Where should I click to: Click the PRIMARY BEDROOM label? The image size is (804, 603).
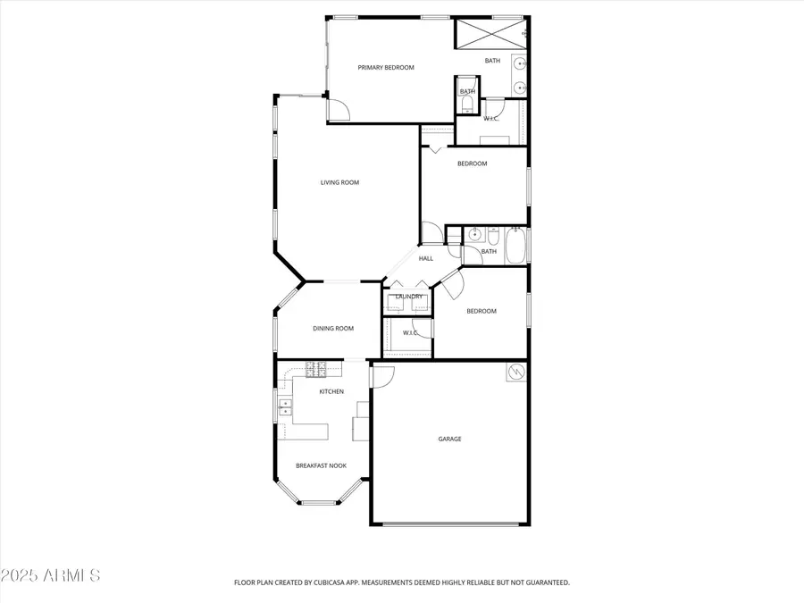pos(386,67)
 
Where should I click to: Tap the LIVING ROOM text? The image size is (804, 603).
pos(339,182)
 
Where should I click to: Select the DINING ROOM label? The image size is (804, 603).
pos(332,328)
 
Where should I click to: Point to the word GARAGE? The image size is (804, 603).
pos(449,439)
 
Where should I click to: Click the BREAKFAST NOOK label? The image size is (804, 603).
pos(321,465)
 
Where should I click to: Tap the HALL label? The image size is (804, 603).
pos(426,258)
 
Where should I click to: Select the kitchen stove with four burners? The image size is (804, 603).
pos(316,367)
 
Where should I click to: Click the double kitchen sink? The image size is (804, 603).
pos(284,408)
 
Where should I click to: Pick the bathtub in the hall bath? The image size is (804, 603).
pos(516,246)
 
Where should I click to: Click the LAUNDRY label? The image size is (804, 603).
pos(409,297)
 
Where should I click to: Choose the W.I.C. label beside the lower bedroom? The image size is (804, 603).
pos(410,332)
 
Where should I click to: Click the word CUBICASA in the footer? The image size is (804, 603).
pos(348,582)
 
